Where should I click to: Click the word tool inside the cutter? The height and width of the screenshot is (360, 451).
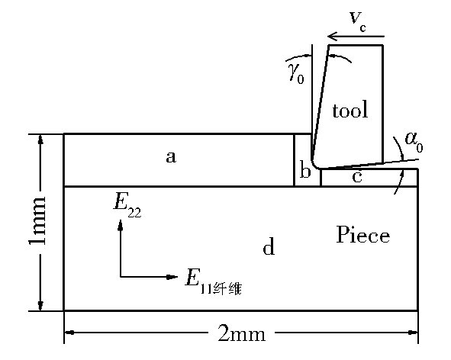pyautogui.click(x=350, y=110)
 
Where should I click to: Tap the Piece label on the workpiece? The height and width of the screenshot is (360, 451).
pyautogui.click(x=363, y=234)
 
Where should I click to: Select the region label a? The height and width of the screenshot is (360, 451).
pyautogui.click(x=171, y=157)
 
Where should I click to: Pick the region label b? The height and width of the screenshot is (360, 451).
pyautogui.click(x=305, y=170)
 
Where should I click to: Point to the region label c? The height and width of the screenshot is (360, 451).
pyautogui.click(x=357, y=176)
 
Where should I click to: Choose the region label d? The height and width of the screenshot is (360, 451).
pyautogui.click(x=269, y=246)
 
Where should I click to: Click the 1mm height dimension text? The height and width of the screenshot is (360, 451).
pyautogui.click(x=37, y=221)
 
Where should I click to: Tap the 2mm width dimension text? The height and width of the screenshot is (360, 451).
pyautogui.click(x=242, y=334)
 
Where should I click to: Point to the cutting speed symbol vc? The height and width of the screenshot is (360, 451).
pyautogui.click(x=358, y=21)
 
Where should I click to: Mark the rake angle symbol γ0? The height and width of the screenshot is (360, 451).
pyautogui.click(x=297, y=75)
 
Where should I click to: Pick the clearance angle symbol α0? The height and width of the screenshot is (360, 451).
pyautogui.click(x=414, y=142)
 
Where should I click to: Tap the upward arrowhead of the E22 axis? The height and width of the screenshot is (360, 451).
pyautogui.click(x=121, y=224)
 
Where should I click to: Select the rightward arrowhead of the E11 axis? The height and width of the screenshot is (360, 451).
pyautogui.click(x=173, y=277)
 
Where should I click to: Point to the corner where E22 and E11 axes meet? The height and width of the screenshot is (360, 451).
pyautogui.click(x=121, y=277)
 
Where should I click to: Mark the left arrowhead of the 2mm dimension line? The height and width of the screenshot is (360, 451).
pyautogui.click(x=69, y=333)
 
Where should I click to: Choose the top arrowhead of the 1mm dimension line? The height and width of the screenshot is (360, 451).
pyautogui.click(x=40, y=139)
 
